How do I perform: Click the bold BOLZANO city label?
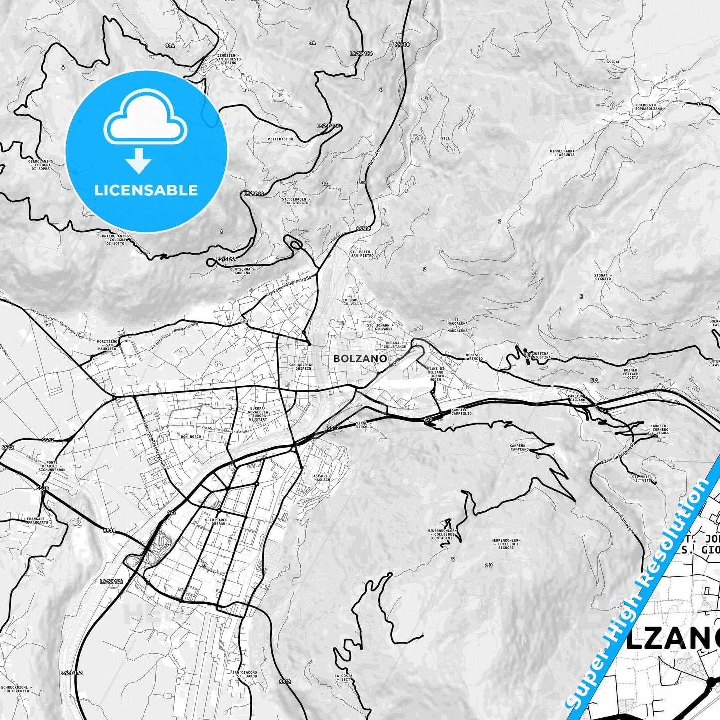coord(360,358)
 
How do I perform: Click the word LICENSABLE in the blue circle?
coord(146,190)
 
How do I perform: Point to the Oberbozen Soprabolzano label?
coord(649,106)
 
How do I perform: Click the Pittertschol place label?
coord(281,139)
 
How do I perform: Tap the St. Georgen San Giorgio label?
coord(296,201)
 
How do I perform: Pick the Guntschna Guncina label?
coord(241,271)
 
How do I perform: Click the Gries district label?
coord(246,321)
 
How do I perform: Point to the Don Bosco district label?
coord(191,436)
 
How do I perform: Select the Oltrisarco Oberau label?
coord(216,522)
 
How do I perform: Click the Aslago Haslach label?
coord(321,478)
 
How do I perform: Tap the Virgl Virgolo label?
coord(363,425)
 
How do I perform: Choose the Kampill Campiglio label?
coord(461,411)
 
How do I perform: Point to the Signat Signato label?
coord(602,277)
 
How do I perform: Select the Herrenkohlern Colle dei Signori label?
coord(506,544)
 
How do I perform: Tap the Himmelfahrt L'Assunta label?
coord(562,152)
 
